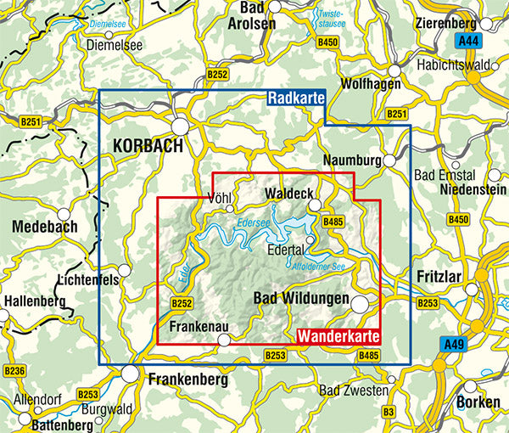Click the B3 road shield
click(x=389, y=412)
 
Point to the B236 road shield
click(x=14, y=371)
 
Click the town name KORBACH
click(x=148, y=146)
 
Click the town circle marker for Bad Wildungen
click(x=361, y=305)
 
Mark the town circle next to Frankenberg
click(x=130, y=373)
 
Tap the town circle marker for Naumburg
click(x=389, y=160)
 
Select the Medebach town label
click(x=45, y=227)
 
